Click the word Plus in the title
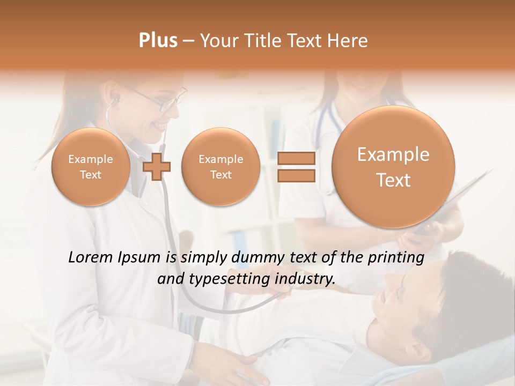tap(158, 41)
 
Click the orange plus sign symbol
tap(157, 167)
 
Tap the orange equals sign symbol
tap(296, 167)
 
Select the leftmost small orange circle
tap(90, 167)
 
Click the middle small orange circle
tap(220, 167)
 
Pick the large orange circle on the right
tap(393, 167)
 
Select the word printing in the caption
tap(396, 258)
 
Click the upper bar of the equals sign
tap(296, 158)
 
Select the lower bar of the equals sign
tap(296, 175)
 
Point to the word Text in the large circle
tap(393, 180)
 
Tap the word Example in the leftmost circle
tap(90, 159)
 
